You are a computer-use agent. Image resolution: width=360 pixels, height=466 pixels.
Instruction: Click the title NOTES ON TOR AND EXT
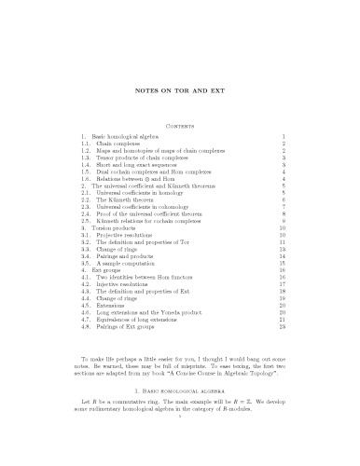179,89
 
